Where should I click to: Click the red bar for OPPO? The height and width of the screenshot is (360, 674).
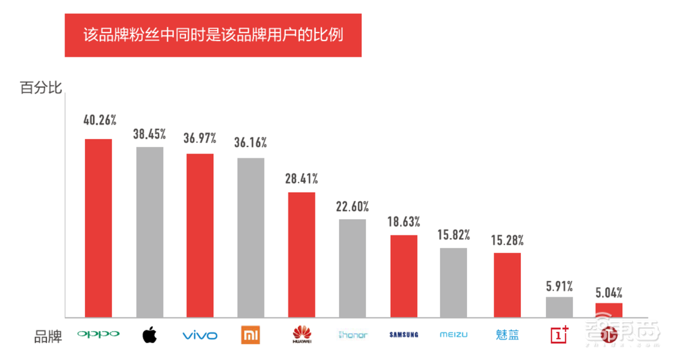(98, 228)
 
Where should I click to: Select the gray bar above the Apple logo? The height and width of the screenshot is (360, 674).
(150, 232)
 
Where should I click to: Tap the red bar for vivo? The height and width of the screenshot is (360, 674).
(200, 235)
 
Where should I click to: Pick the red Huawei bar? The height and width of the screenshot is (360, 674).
(301, 254)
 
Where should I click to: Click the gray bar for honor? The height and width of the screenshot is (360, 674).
(353, 268)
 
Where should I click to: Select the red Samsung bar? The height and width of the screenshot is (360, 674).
(404, 276)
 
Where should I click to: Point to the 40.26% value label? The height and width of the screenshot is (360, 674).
(100, 121)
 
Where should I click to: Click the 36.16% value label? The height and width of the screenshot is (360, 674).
(251, 143)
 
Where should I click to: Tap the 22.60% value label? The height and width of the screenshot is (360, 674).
(353, 206)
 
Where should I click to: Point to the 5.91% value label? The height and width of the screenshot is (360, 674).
(559, 285)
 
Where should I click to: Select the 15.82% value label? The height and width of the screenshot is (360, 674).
(454, 235)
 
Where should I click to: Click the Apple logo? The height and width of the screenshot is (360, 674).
(150, 334)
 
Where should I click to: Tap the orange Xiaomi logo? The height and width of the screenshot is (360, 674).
(251, 334)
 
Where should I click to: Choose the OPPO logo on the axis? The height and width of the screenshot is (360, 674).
(98, 334)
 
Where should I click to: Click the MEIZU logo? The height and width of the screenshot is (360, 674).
(454, 334)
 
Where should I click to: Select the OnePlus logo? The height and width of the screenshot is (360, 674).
(560, 334)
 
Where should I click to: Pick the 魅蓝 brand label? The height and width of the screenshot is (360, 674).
(508, 334)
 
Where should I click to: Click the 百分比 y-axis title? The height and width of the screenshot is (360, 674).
(41, 88)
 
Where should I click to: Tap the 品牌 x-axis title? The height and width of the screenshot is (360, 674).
(48, 336)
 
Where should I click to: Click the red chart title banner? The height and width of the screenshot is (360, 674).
(213, 34)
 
